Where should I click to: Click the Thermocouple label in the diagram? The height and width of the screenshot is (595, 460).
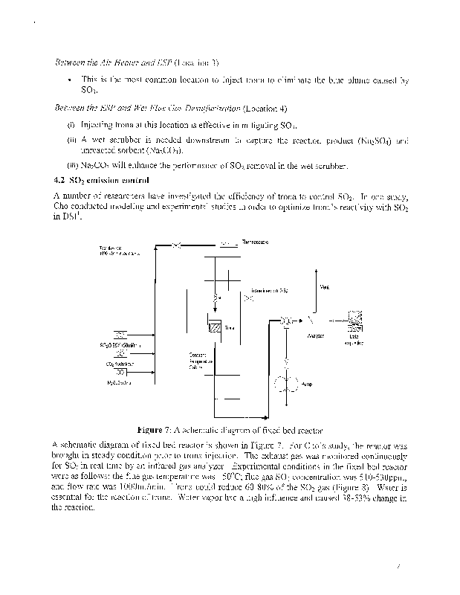(255, 242)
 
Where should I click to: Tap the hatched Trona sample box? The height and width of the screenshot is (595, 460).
(214, 326)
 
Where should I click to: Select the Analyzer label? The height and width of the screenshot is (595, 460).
(315, 336)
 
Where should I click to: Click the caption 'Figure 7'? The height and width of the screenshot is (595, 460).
(154, 430)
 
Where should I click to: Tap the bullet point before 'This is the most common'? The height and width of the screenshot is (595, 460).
(68, 79)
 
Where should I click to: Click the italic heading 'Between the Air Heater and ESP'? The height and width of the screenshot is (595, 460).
(113, 62)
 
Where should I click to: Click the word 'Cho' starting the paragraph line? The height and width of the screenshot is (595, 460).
(62, 208)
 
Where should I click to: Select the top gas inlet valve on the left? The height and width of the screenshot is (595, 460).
(120, 332)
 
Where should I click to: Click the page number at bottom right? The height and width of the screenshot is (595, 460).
(399, 567)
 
